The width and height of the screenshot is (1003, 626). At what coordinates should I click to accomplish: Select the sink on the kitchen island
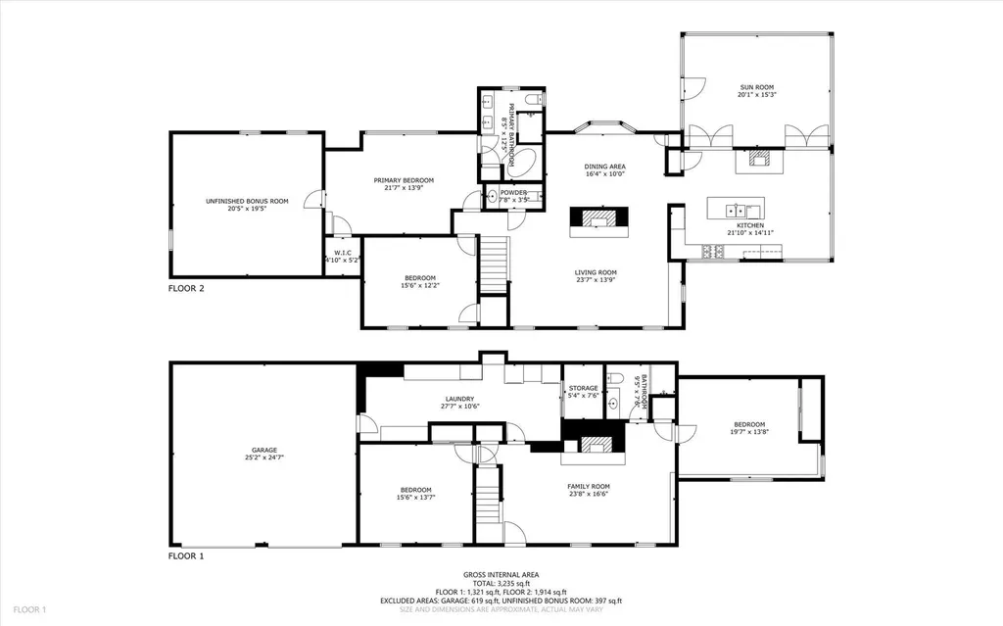pos(737,209)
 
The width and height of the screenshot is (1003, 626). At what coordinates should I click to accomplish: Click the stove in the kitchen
pos(712,253)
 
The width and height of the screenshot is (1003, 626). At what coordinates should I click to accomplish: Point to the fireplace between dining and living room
pos(595,218)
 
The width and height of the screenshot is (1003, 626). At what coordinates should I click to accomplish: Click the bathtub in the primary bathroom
pos(526,162)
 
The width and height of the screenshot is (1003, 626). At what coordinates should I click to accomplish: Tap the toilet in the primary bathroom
pos(531,100)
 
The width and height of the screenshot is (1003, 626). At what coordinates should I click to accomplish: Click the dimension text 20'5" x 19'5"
pos(247,208)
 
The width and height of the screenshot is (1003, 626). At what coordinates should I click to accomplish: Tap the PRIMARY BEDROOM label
pos(404,180)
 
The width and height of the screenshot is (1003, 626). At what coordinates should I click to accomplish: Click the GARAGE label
pos(260,451)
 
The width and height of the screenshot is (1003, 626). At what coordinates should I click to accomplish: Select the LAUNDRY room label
pos(458,399)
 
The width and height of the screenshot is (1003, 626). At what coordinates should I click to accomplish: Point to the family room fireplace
pos(593,446)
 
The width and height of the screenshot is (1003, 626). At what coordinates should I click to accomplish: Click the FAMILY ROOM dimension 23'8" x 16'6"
pos(588,494)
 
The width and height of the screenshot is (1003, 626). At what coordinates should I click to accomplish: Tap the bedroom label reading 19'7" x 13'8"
pos(748,432)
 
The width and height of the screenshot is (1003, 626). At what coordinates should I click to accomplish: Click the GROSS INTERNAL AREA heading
pos(501,575)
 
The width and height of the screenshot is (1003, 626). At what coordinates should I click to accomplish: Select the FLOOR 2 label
pos(186,288)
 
